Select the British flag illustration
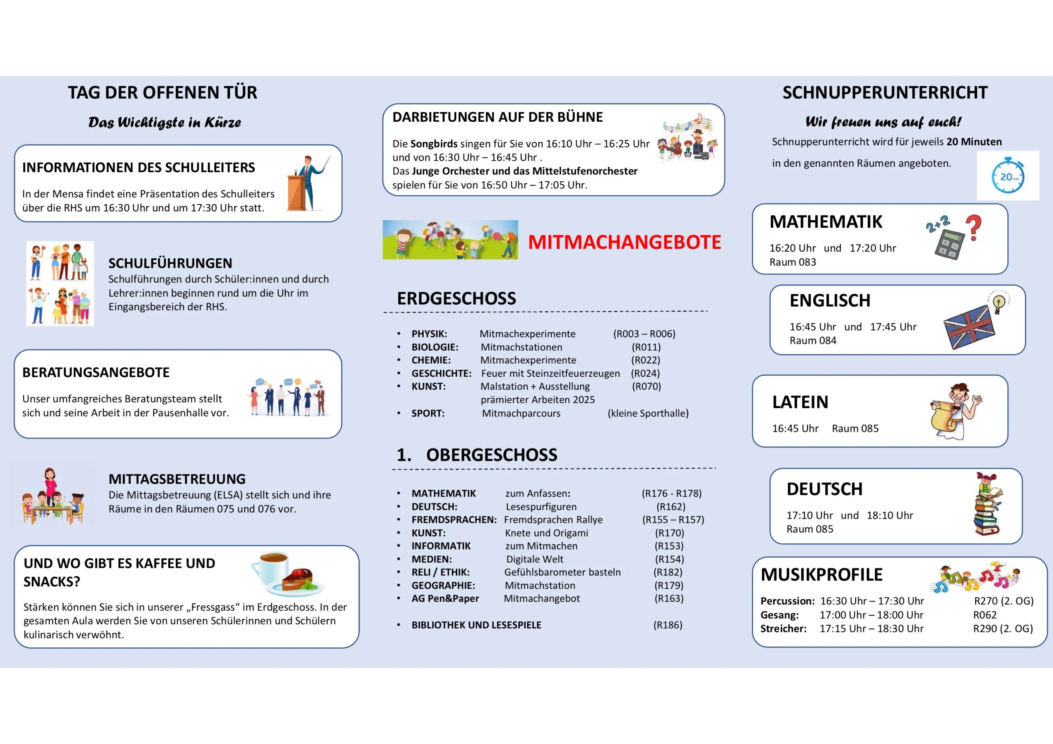tap(969, 326)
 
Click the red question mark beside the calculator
tap(974, 227)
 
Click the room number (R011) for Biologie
tap(646, 347)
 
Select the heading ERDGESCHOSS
tap(456, 298)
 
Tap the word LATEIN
tap(800, 402)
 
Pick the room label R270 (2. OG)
tap(1004, 601)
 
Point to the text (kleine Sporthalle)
tap(647, 413)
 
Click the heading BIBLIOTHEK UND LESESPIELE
tap(476, 625)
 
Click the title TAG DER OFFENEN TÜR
tap(162, 92)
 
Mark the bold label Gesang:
tap(779, 615)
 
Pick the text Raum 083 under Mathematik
tap(793, 262)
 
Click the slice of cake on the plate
tap(298, 578)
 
